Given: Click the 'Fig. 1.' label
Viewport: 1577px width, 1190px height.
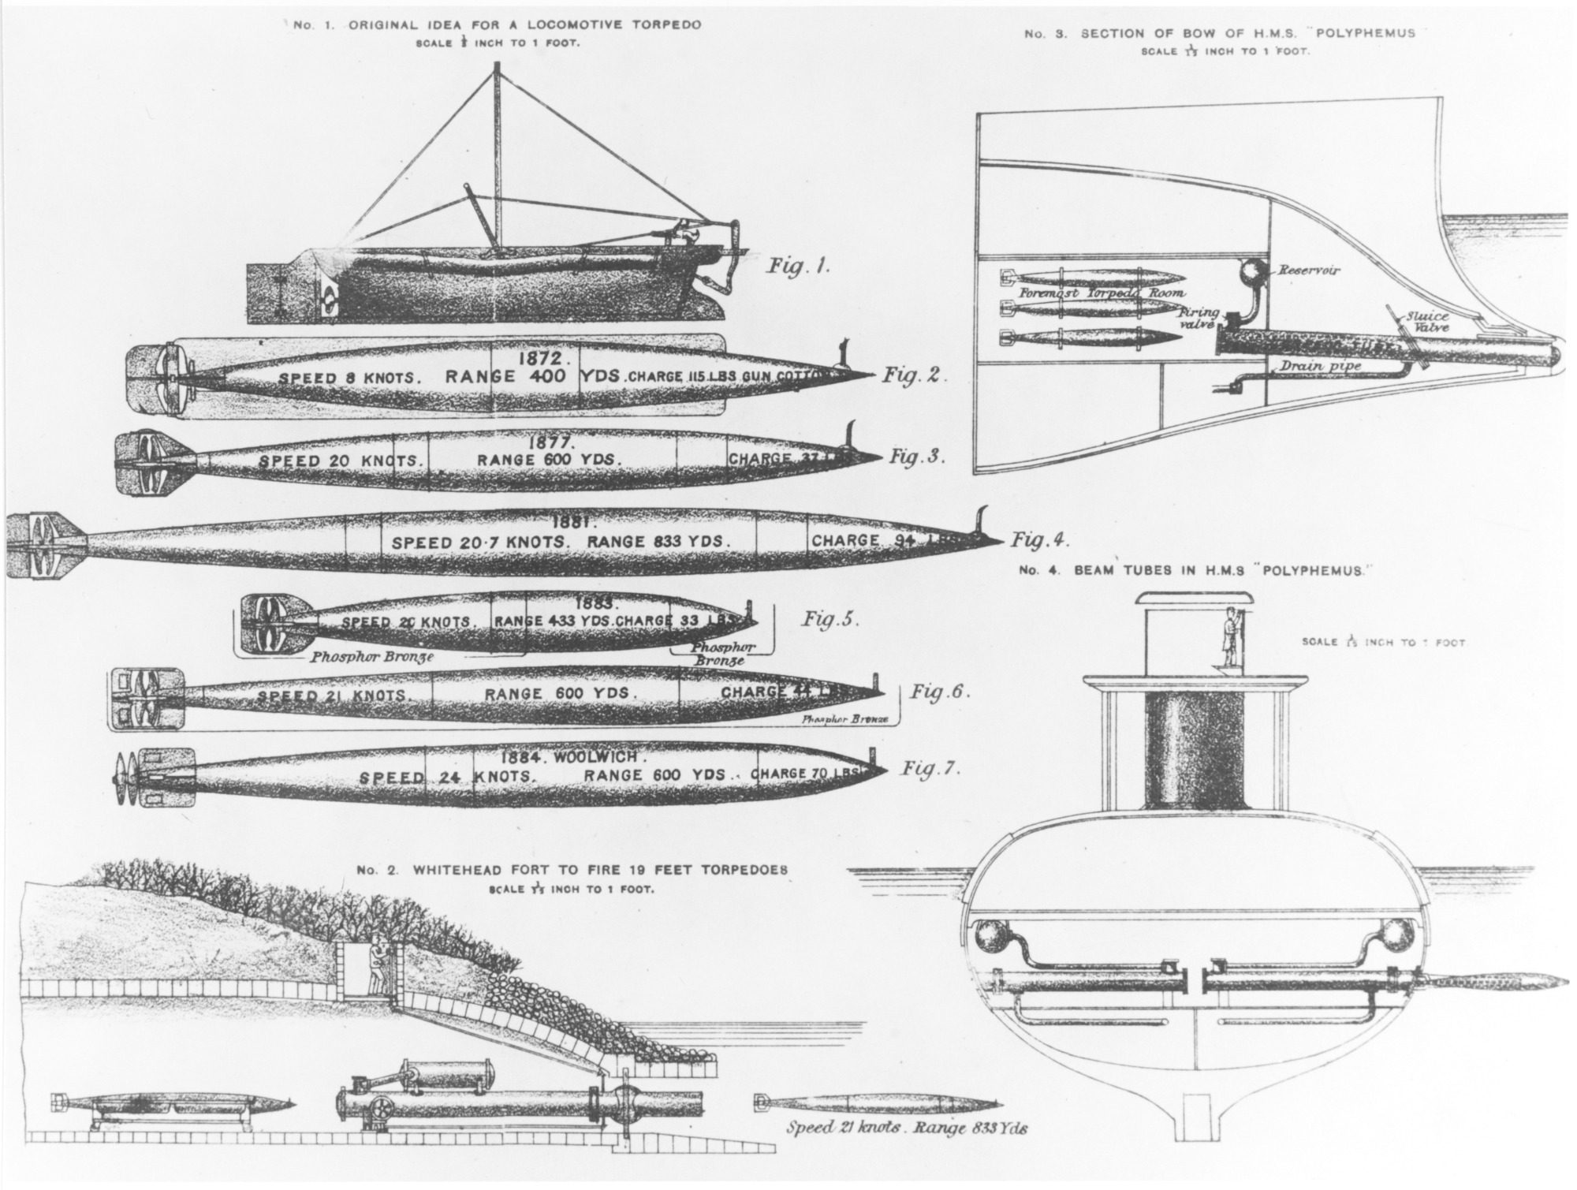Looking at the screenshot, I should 799,267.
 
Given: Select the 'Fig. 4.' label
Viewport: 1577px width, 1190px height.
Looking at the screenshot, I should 1039,540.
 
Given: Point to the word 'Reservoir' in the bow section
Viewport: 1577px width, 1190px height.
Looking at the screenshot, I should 1309,270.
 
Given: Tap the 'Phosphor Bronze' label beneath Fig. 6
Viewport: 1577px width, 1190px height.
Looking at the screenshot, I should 844,720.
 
